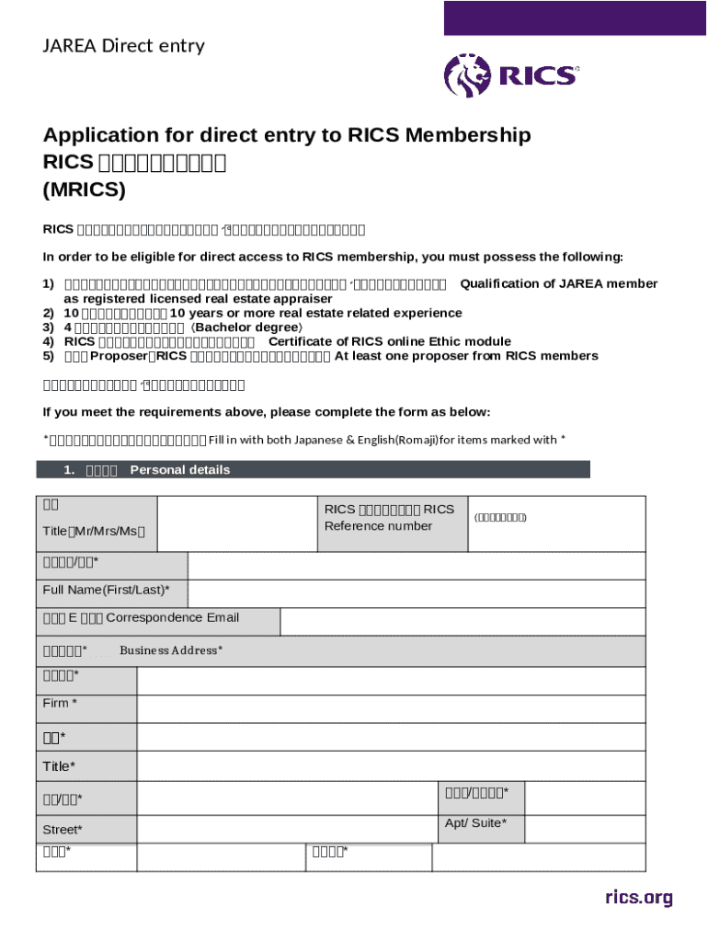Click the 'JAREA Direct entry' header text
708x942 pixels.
click(x=123, y=46)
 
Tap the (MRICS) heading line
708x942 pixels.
click(x=84, y=190)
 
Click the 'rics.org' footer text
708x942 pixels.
click(x=638, y=897)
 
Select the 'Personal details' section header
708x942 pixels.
click(x=179, y=470)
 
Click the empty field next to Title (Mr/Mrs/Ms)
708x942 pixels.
click(x=236, y=524)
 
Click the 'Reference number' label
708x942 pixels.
click(x=378, y=526)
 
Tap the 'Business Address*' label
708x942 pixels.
click(x=171, y=650)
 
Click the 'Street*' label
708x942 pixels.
click(x=63, y=830)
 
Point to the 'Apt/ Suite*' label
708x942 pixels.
click(x=475, y=822)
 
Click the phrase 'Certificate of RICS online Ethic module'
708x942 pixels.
click(x=389, y=341)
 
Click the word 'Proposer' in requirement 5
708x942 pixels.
click(x=119, y=356)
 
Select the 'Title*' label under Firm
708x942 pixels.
click(x=60, y=766)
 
